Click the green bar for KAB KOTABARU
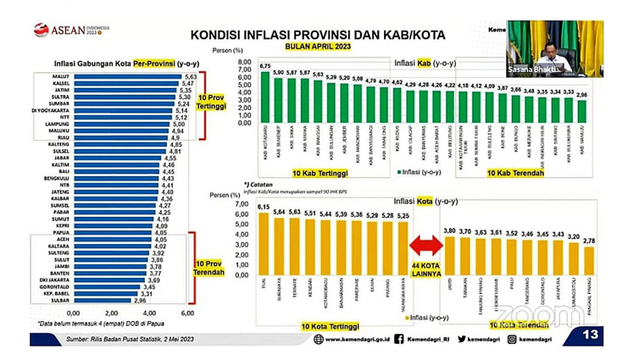[x=264, y=98]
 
